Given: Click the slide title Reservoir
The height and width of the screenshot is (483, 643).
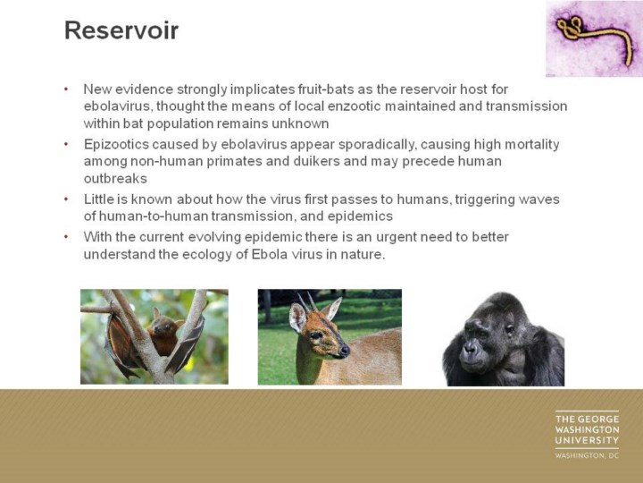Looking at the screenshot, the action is pyautogui.click(x=121, y=30).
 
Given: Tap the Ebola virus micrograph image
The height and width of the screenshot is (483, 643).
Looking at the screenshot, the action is pyautogui.click(x=594, y=38).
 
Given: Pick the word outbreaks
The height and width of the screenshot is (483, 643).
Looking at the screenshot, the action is pyautogui.click(x=115, y=179).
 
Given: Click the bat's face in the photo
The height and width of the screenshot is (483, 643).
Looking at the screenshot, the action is pyautogui.click(x=162, y=325).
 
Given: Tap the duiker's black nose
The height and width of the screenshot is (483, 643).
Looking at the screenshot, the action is pyautogui.click(x=345, y=351).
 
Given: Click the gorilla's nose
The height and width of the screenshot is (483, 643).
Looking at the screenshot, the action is pyautogui.click(x=471, y=348).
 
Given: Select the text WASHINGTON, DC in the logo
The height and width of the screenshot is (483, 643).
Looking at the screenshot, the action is pyautogui.click(x=587, y=455).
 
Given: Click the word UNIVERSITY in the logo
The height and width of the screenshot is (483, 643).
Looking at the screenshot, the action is pyautogui.click(x=587, y=440).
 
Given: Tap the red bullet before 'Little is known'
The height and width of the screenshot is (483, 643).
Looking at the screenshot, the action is pyautogui.click(x=66, y=199).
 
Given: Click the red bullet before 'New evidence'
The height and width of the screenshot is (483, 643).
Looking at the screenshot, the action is pyautogui.click(x=66, y=89).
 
